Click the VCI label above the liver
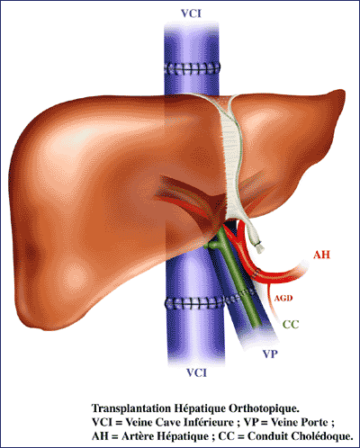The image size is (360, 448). pos(191,13)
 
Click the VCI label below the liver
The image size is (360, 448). pos(196,372)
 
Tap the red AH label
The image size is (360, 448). pos(321,255)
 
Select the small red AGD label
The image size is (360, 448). pos(283,299)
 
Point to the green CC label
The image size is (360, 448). pos(291,325)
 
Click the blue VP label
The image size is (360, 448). pos(270,354)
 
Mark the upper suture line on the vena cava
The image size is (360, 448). pos(192,68)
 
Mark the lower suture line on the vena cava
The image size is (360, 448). pos(194,304)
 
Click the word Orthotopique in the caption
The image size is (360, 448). pos(265,408)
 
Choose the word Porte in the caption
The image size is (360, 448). pos(314,423)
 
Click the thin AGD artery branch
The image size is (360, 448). pos(272,300)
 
